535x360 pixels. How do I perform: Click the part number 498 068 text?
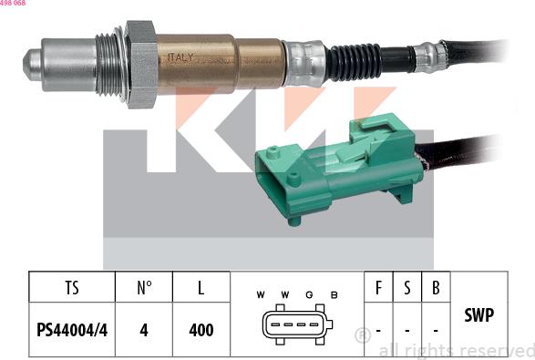(13, 4)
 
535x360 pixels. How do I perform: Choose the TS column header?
(72, 289)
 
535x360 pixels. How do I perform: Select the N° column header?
(144, 289)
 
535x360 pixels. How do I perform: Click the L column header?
(200, 289)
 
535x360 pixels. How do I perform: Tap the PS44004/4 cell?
(72, 329)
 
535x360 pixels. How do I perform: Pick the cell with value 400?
(200, 329)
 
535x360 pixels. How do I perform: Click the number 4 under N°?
(144, 329)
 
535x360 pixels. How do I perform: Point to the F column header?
(379, 289)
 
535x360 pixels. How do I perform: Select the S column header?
(407, 289)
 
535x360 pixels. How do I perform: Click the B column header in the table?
(436, 289)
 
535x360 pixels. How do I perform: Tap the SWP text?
(479, 315)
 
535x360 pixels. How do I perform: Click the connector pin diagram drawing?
(295, 326)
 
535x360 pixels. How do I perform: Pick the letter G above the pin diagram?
(309, 294)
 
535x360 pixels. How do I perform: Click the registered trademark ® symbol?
(362, 335)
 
